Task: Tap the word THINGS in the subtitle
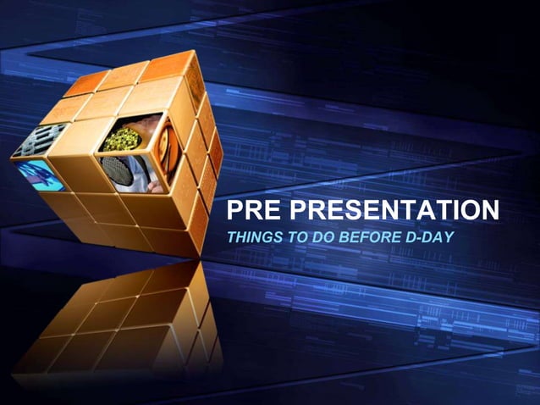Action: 253,236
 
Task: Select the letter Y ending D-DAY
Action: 449,236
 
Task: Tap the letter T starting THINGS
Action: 231,236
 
